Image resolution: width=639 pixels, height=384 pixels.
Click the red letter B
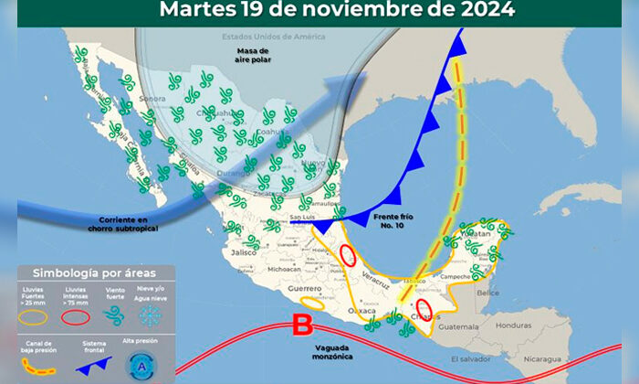303,325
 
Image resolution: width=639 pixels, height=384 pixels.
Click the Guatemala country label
458,326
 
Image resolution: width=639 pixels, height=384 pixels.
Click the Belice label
488,293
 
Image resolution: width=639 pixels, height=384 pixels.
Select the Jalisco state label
244,251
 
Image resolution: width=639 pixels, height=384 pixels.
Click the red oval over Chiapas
423,309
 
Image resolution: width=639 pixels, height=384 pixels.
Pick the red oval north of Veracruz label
348,255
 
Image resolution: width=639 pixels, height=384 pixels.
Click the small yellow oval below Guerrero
311,301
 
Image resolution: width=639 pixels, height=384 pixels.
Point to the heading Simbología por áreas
94,273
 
